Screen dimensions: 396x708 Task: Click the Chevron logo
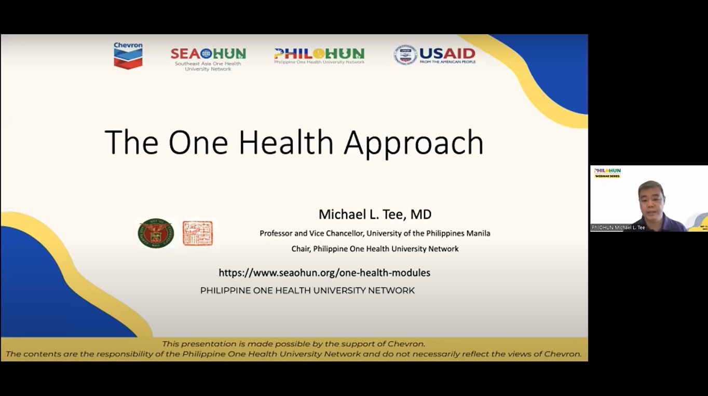pos(128,55)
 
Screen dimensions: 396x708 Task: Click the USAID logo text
pos(447,54)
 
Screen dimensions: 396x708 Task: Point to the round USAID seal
pos(405,54)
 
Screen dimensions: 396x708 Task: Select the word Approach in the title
pos(414,143)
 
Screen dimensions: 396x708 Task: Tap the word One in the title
pos(198,142)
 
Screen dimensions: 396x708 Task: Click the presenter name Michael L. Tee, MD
pos(375,214)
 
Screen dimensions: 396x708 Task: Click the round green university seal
pos(156,233)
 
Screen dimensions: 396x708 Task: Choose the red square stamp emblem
pos(197,233)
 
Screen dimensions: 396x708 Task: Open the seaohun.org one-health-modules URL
pos(324,273)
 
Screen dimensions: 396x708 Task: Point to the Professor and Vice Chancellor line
pos(375,233)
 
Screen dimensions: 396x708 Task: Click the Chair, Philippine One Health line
pos(375,249)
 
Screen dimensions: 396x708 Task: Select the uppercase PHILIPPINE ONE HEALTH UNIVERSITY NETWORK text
pos(307,291)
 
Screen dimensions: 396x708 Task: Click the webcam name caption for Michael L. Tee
pos(619,228)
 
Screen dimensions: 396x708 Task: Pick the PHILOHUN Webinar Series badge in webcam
pos(607,173)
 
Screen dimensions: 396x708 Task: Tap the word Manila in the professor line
pos(478,233)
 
